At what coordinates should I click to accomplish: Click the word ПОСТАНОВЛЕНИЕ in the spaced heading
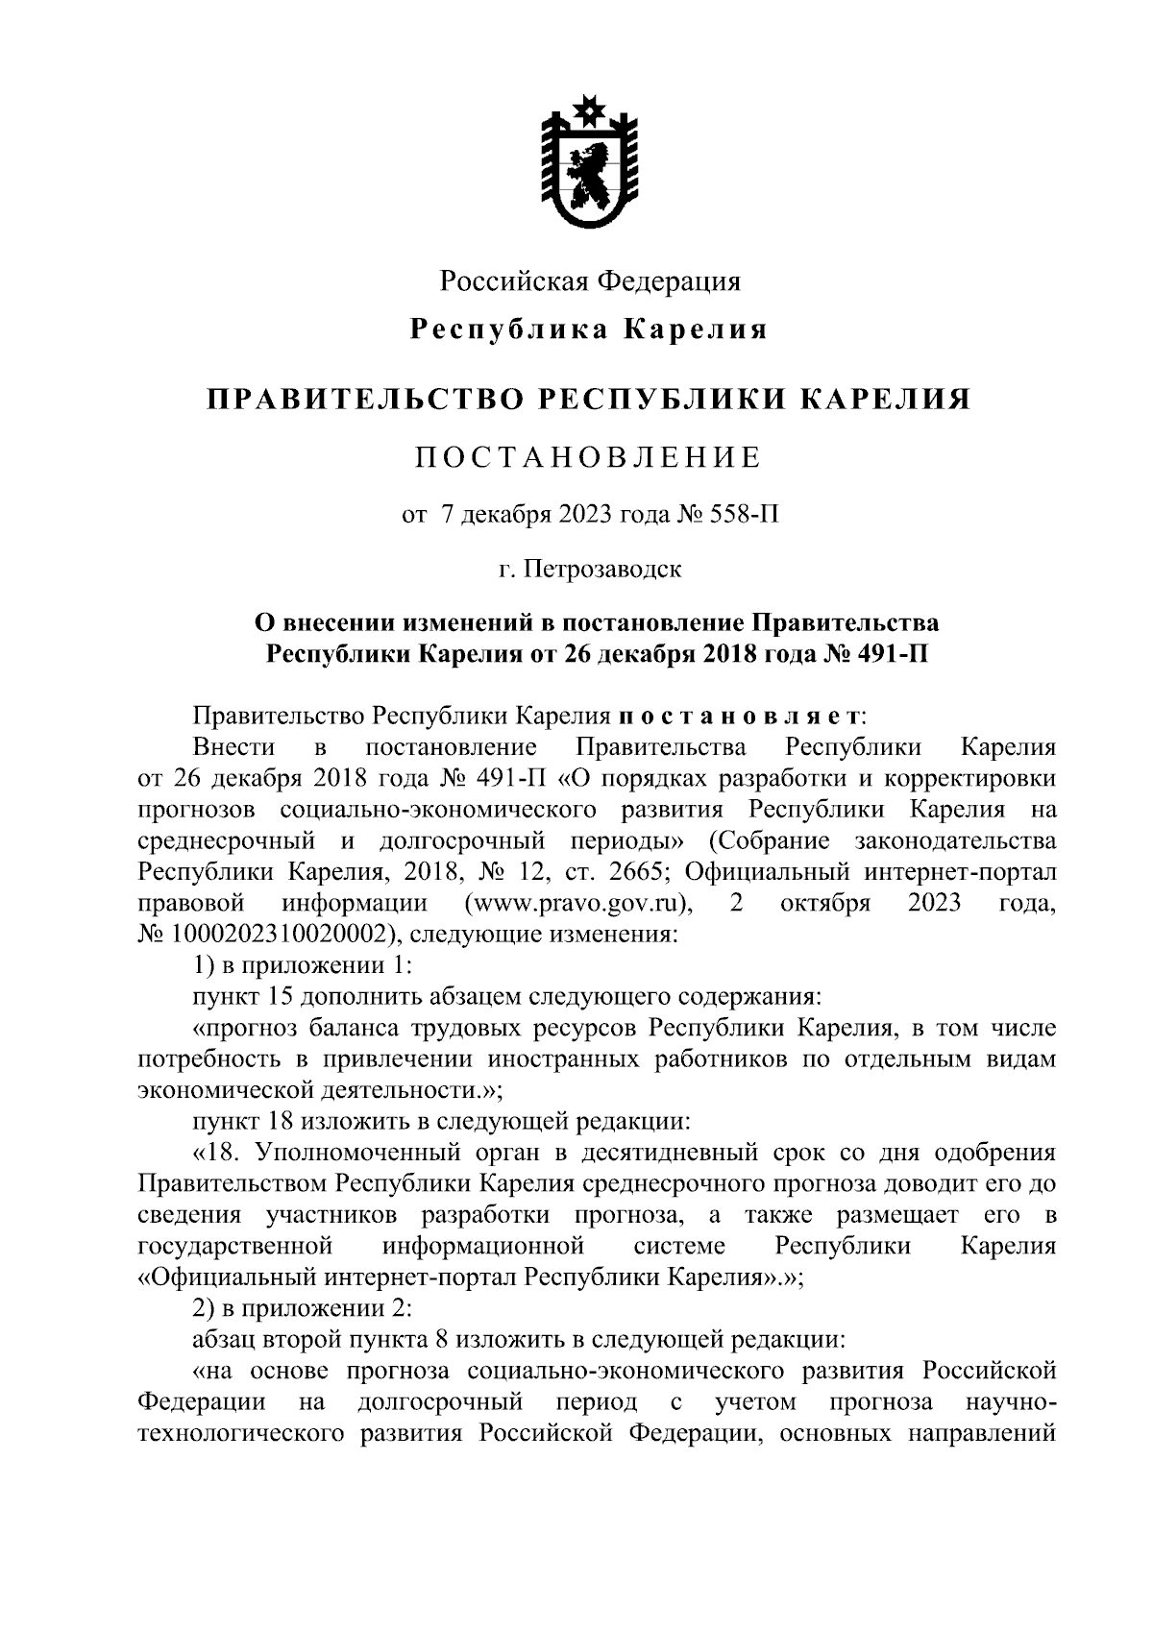coord(589,457)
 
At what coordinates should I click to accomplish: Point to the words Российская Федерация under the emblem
coord(590,280)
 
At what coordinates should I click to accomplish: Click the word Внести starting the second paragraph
coord(233,747)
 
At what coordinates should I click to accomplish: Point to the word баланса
coord(346,1029)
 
